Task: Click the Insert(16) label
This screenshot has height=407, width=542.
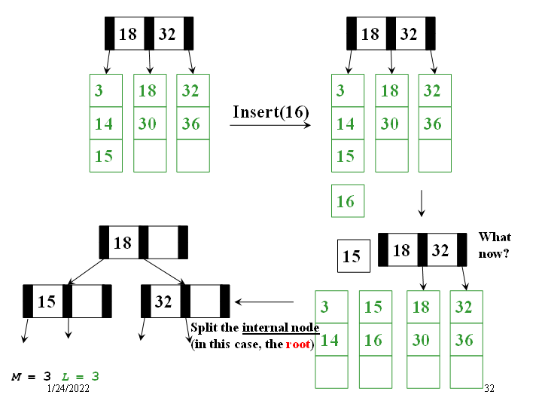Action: point(271,112)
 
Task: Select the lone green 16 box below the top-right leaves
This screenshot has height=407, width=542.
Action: point(347,201)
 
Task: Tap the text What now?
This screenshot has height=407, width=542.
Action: point(494,245)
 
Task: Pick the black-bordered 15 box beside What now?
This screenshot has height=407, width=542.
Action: point(352,256)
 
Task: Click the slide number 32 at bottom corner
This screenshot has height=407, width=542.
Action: point(489,387)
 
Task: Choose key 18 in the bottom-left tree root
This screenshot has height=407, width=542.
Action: point(123,243)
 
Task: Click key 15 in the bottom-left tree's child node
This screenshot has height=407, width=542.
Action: point(47,301)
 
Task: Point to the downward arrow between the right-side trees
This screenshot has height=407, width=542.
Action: point(422,202)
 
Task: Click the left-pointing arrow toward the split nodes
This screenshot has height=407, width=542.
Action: point(263,302)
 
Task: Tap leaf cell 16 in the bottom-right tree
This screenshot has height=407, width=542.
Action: point(374,340)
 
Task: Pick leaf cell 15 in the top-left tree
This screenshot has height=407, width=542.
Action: point(105,156)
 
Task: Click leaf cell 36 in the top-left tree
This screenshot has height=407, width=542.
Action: point(192,124)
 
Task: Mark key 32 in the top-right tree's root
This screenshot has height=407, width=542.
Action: point(409,34)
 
